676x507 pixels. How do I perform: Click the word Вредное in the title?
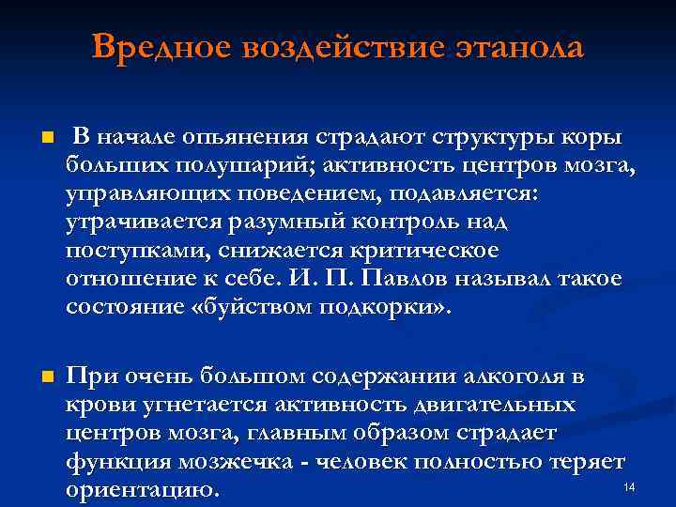click(x=161, y=47)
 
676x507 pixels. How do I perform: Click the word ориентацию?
click(x=141, y=490)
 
